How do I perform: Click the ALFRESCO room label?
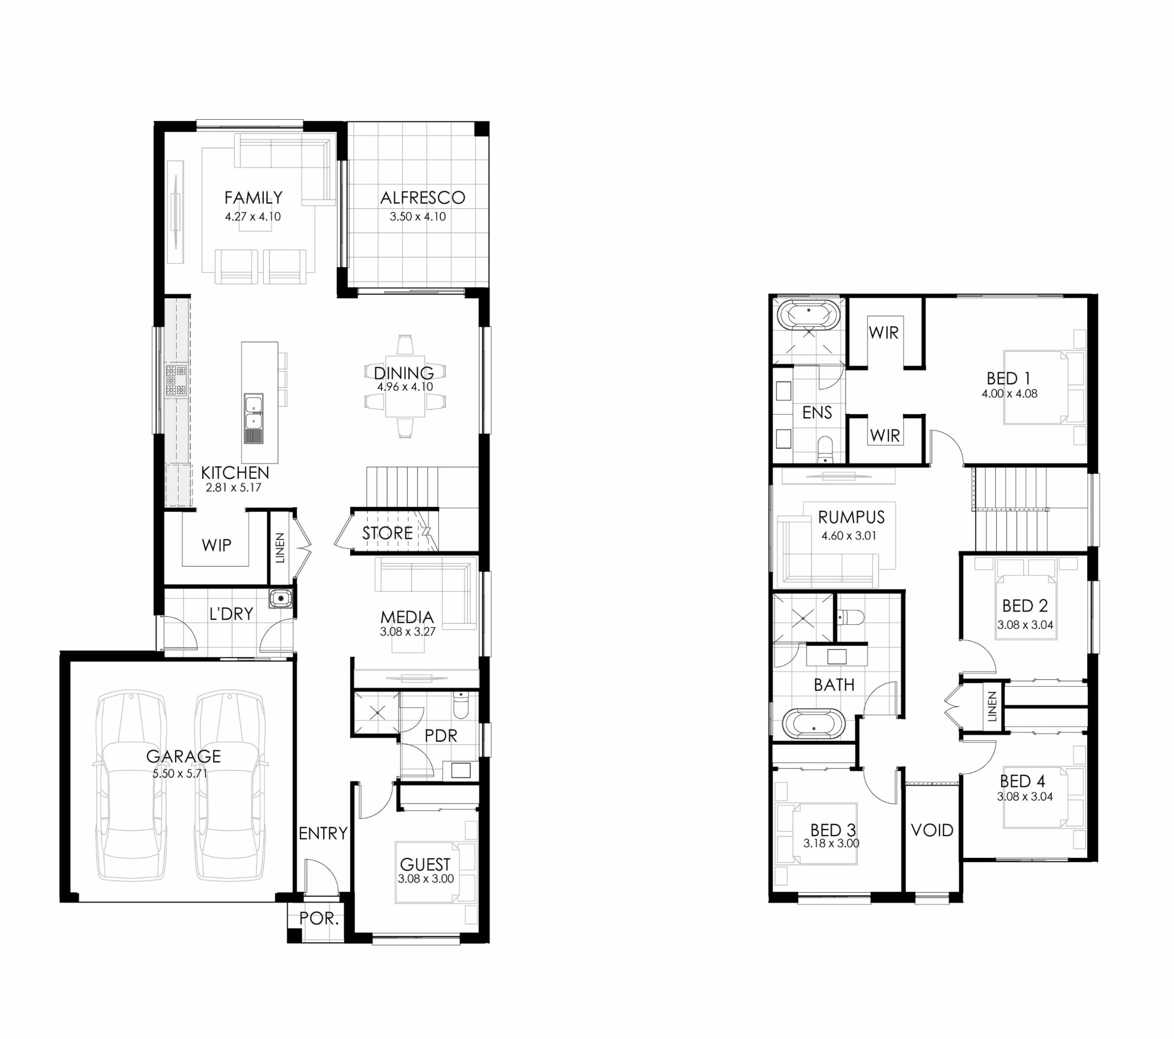pos(422,198)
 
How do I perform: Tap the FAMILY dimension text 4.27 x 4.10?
pos(253,217)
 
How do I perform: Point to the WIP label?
pos(216,545)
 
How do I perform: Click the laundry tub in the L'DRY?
pos(280,599)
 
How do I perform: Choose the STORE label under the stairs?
pos(387,533)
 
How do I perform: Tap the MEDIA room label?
pos(407,617)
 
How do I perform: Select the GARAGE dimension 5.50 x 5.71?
pos(180,773)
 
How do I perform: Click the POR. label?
pos(319,918)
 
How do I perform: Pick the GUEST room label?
pos(425,864)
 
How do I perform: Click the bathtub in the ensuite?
pos(808,316)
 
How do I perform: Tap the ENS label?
pos(817,412)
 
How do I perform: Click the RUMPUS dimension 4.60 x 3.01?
pos(849,536)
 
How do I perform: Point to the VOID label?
pos(932,830)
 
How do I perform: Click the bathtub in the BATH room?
pos(814,723)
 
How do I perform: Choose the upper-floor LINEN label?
pos(992,707)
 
